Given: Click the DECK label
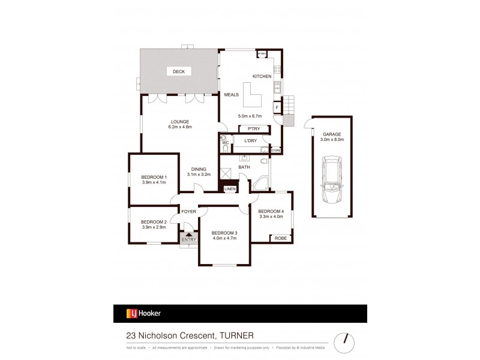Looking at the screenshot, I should pos(178,71).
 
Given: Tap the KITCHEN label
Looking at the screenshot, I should pos(262,77).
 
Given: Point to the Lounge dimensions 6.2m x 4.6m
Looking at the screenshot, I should pos(179,127).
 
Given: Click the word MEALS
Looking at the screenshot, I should pos(232,95).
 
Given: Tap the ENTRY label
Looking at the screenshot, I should pos(189,240).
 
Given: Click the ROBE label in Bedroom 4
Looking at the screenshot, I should pos(280,238).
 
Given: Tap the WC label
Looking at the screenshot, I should pos(226,143).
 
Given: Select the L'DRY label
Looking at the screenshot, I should pos(250,140).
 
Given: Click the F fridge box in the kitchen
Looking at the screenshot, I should pos(277,108).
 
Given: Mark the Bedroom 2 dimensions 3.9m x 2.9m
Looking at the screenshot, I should pos(154,226).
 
